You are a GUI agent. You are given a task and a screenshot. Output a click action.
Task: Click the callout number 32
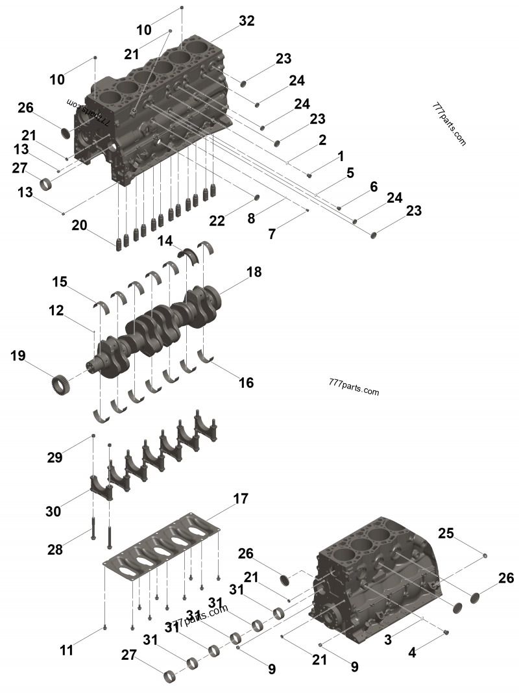pos(247,21)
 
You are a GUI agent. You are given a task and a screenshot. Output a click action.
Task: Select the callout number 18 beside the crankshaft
pos(254,272)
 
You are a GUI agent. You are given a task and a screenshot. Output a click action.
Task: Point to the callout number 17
pos(240,499)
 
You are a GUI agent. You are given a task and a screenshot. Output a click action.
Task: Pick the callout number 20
pos(79,225)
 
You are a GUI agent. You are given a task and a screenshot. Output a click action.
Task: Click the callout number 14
pos(165,241)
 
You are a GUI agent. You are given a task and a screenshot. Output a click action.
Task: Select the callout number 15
pos(60,283)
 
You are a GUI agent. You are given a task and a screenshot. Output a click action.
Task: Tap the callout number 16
pos(245,383)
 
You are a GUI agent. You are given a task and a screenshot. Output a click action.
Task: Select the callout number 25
pos(446,533)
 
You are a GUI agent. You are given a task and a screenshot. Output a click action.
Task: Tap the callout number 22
pos(217,221)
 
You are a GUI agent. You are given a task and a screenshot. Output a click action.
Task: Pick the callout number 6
pos(374,186)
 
